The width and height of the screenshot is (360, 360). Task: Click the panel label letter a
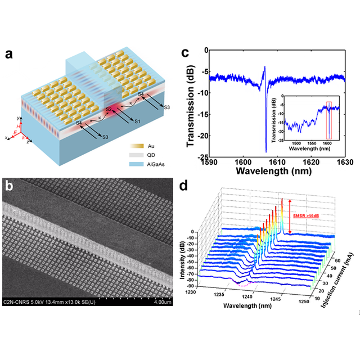point(9,55)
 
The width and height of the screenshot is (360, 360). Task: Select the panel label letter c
point(188,54)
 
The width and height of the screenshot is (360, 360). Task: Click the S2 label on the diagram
point(109,109)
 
